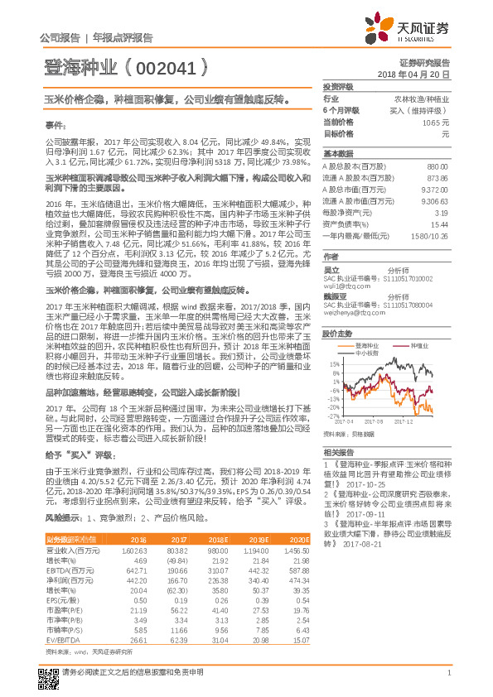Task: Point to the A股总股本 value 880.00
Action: pos(437,167)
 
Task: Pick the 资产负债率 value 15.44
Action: pos(440,224)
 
